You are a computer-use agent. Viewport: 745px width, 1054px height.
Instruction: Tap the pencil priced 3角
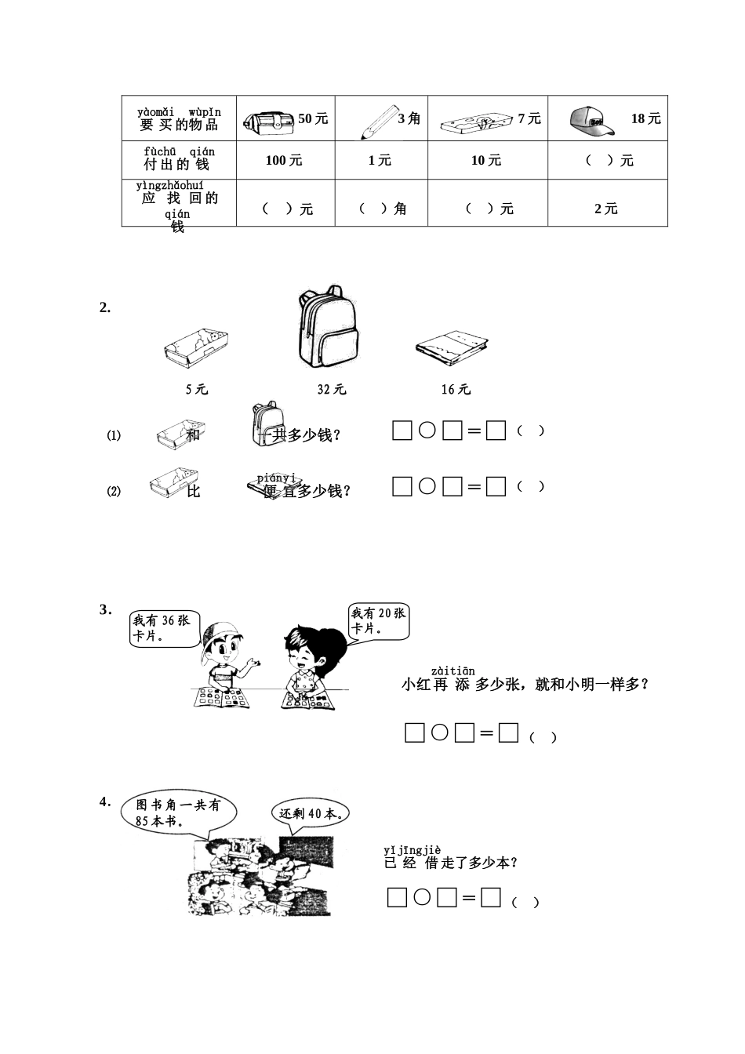[379, 121]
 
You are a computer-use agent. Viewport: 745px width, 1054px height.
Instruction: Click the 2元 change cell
[606, 209]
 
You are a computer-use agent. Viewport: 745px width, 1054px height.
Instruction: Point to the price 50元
[313, 118]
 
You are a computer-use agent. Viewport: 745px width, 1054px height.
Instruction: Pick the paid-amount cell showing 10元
[486, 161]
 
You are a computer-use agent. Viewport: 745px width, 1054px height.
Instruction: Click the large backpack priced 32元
[327, 328]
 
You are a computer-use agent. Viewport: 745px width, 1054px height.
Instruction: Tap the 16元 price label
[456, 389]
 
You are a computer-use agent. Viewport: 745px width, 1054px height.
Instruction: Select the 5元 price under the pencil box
[197, 389]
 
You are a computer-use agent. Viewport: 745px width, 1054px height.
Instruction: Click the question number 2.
[105, 308]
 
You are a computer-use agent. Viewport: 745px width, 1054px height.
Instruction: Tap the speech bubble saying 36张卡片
[164, 628]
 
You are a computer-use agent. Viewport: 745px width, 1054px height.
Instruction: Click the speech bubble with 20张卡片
[379, 621]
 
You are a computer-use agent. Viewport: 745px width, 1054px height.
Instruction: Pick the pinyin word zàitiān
[452, 671]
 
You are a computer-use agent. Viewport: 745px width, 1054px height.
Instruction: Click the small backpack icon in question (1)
[267, 423]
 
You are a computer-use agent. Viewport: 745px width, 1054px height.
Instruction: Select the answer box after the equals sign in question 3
[509, 733]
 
